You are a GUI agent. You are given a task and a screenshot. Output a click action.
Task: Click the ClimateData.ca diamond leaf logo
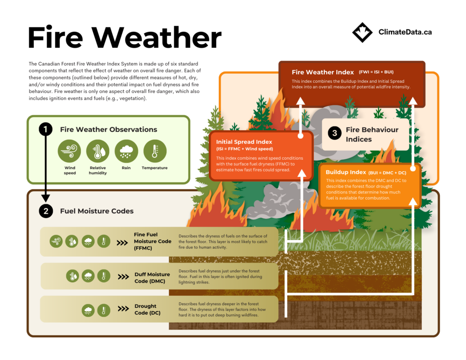362,32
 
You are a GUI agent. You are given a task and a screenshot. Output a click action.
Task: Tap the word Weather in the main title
157,38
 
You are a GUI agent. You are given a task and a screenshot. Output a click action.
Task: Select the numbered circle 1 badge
46,129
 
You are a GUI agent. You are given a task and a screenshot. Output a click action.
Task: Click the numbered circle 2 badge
46,211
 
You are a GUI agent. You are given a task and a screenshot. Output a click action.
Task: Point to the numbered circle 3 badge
334,133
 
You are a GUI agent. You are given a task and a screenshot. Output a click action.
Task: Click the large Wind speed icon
70,151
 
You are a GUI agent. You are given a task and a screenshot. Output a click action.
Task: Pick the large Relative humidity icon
98,151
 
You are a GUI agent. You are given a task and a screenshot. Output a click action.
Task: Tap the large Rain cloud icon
127,151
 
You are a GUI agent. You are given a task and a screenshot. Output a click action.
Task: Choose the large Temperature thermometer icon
155,151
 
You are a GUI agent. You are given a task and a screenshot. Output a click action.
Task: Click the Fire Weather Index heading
323,72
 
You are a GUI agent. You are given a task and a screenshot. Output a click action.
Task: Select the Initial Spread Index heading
244,142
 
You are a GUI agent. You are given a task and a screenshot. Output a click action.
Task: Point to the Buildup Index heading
346,172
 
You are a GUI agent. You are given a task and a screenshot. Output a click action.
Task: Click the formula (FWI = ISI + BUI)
376,72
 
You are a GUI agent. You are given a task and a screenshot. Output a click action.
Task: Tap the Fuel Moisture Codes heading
97,211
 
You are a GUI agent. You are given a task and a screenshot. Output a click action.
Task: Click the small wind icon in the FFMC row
56,241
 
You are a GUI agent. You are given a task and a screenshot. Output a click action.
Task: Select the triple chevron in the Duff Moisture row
123,277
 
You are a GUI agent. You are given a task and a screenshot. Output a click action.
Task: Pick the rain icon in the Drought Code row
88,311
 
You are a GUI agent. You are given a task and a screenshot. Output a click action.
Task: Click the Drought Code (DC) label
147,309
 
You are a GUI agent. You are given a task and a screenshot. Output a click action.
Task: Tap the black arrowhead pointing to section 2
46,198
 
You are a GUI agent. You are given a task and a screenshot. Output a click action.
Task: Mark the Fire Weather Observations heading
108,130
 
